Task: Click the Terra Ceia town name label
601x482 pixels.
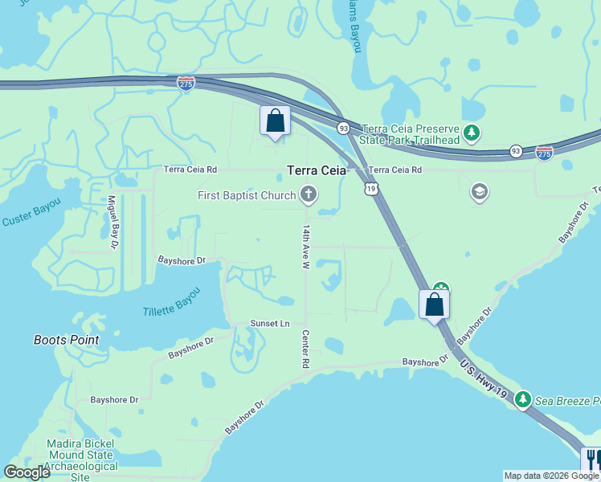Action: [x=317, y=170]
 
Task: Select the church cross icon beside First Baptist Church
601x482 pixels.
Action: [x=308, y=194]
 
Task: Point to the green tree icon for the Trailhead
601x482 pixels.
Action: [x=474, y=132]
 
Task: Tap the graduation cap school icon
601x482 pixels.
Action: [x=480, y=192]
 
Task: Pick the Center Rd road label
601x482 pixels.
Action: [x=305, y=349]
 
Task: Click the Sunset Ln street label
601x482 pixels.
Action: [x=269, y=323]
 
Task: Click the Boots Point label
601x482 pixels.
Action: [x=67, y=340]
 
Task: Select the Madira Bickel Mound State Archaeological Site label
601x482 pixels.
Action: [x=80, y=460]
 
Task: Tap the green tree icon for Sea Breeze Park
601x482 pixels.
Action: [x=522, y=398]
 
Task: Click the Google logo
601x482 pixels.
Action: [x=27, y=472]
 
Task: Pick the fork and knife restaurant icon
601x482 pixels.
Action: [x=591, y=460]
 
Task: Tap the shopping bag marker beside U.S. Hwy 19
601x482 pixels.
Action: [x=434, y=305]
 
